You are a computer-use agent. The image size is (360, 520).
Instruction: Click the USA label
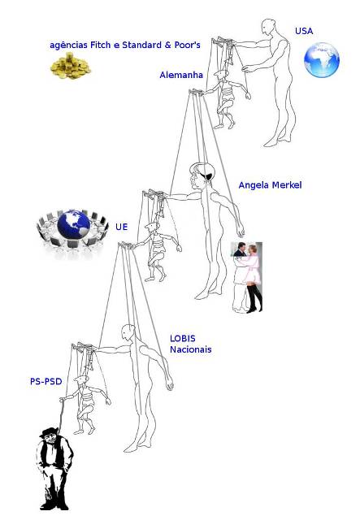(x=304, y=31)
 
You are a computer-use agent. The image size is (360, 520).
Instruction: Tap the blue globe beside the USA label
(x=322, y=59)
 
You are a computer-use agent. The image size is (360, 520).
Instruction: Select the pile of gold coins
(x=70, y=66)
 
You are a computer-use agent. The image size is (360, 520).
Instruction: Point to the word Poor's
(x=188, y=45)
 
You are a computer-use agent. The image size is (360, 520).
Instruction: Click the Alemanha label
(x=181, y=75)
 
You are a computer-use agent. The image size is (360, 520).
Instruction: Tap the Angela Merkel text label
(x=270, y=185)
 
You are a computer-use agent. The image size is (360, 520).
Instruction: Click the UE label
(x=121, y=227)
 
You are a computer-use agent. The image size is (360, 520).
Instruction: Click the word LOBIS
(x=183, y=339)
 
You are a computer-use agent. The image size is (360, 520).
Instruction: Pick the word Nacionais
(x=190, y=349)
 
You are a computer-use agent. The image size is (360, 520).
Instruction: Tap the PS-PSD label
(x=46, y=381)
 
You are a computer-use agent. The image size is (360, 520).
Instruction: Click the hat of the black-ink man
(x=49, y=431)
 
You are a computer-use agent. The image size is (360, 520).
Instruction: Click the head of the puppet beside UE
(x=151, y=227)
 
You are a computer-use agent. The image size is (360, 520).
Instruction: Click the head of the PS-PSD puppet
(x=80, y=380)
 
